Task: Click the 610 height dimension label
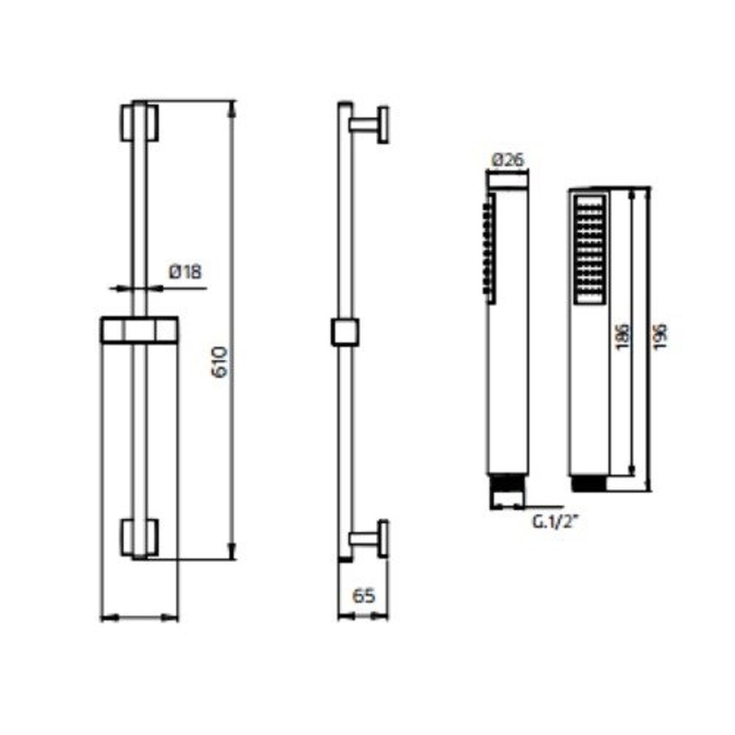click(x=220, y=362)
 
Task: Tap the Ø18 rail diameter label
click(x=185, y=272)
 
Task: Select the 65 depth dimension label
click(x=364, y=596)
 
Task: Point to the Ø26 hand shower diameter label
click(x=508, y=160)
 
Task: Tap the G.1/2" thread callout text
click(x=554, y=521)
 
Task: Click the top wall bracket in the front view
click(x=139, y=122)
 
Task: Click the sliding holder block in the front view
click(x=139, y=330)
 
